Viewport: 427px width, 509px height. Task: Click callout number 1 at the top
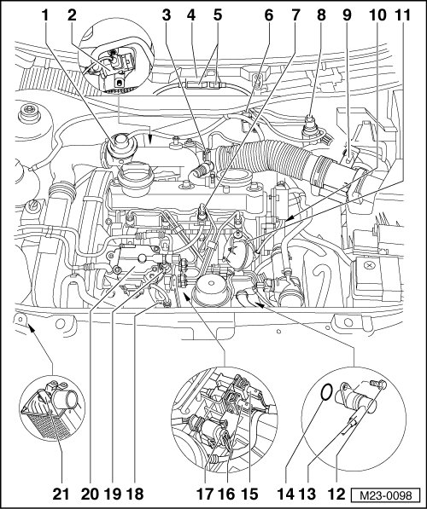tap(45, 15)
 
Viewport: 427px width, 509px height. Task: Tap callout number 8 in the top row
tap(322, 15)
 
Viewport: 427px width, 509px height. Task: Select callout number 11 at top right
tap(402, 15)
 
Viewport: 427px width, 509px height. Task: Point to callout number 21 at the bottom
tap(61, 494)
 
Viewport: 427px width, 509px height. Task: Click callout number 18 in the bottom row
tap(134, 494)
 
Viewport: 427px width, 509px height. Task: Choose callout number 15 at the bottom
tap(249, 494)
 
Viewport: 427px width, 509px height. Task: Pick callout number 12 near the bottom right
tap(336, 494)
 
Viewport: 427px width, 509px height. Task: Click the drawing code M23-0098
tap(386, 495)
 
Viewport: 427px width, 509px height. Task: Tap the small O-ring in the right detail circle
tap(326, 392)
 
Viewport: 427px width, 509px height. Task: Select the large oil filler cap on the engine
tap(136, 177)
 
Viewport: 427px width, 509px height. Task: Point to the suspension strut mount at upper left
tap(29, 114)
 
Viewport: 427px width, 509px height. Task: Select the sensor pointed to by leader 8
tap(311, 130)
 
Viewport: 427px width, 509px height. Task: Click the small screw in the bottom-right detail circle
tap(378, 385)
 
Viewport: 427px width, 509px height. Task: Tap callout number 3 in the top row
tap(167, 15)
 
